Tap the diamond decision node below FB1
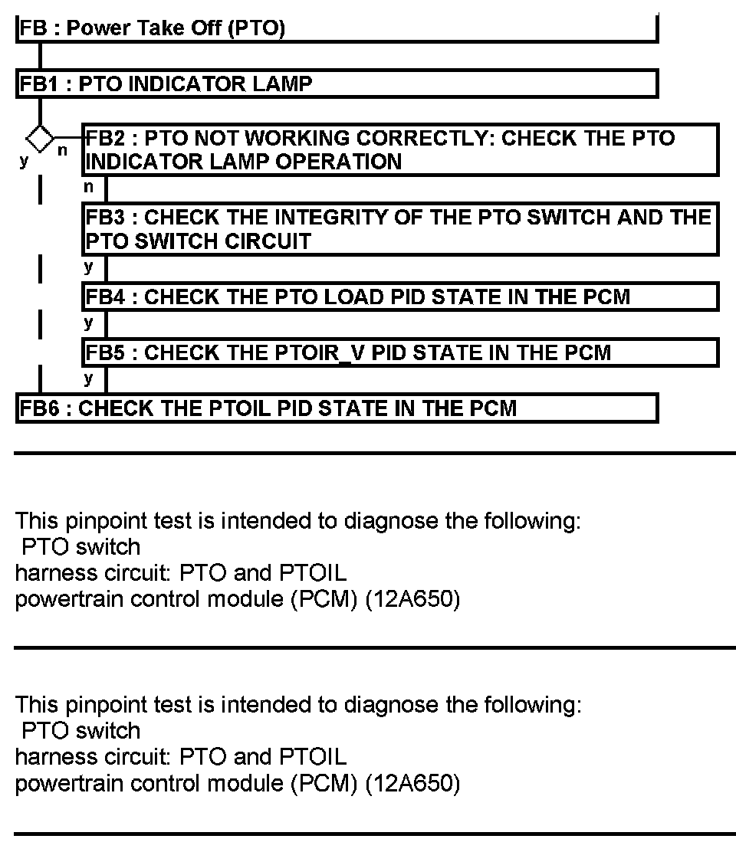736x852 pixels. tap(40, 139)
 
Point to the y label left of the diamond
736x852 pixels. tap(24, 161)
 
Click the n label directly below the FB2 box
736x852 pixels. tap(89, 185)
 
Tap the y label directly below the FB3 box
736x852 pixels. tap(89, 267)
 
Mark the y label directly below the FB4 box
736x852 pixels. tap(89, 323)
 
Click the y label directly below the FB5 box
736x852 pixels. tap(89, 378)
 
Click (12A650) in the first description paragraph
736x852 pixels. tap(412, 599)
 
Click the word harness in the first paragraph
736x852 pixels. tap(48, 573)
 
